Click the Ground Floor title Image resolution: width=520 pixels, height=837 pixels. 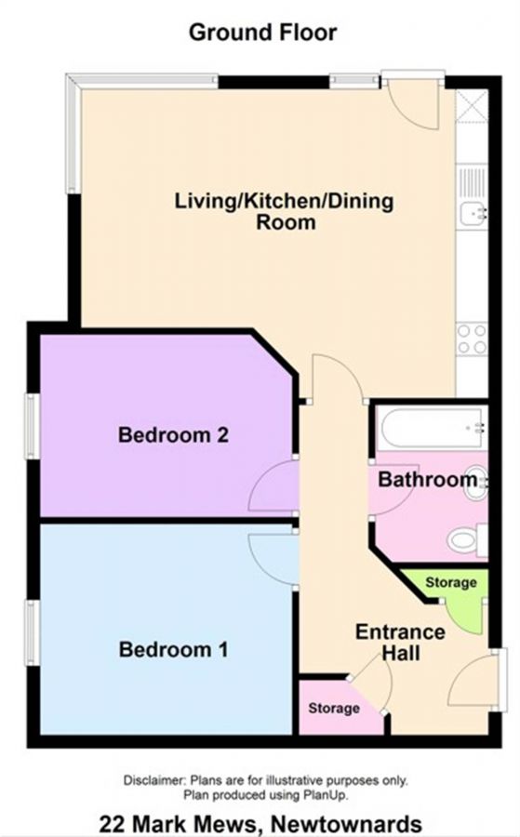(262, 33)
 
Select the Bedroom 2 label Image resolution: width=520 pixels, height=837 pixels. (173, 434)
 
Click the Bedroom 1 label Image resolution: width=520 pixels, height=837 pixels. (173, 649)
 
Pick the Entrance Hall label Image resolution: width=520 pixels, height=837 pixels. (400, 643)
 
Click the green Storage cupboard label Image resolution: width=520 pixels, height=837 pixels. (450, 583)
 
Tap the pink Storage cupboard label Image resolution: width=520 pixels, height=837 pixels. (334, 709)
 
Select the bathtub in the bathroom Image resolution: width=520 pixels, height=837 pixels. (430, 428)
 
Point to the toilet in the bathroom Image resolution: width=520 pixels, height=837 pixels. (465, 539)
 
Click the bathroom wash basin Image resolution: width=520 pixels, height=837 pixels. (475, 482)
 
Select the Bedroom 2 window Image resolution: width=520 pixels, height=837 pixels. (32, 425)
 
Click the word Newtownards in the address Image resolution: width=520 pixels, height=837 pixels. (349, 823)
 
